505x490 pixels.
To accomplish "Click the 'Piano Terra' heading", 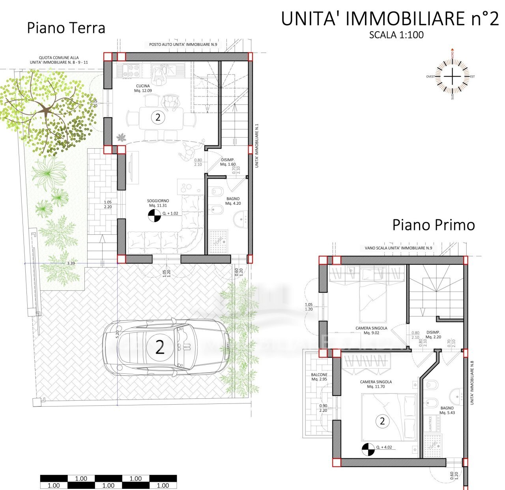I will pyautogui.click(x=66, y=28).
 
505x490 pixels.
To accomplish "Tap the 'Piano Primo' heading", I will pyautogui.click(x=433, y=225).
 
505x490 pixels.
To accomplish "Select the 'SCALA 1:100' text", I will pyautogui.click(x=396, y=35).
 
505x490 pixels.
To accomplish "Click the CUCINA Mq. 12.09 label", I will pyautogui.click(x=143, y=88).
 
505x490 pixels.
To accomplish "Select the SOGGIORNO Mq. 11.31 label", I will pyautogui.click(x=158, y=203).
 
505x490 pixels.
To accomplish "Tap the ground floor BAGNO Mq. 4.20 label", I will pyautogui.click(x=233, y=201).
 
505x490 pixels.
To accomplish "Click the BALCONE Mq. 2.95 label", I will pyautogui.click(x=319, y=377).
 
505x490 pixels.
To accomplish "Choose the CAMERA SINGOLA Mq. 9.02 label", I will pyautogui.click(x=371, y=330).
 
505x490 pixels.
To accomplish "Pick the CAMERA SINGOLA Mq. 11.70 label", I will pyautogui.click(x=376, y=384).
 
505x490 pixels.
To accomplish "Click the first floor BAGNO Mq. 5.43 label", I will pyautogui.click(x=447, y=410).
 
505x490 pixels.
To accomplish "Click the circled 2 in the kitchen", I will pyautogui.click(x=158, y=117).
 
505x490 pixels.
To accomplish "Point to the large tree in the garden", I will pyautogui.click(x=47, y=111).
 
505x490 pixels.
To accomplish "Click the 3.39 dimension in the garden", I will pyautogui.click(x=71, y=263).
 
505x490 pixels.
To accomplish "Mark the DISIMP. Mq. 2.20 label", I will pyautogui.click(x=433, y=335).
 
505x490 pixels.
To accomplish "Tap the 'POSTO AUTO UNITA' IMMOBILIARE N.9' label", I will pyautogui.click(x=183, y=45).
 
